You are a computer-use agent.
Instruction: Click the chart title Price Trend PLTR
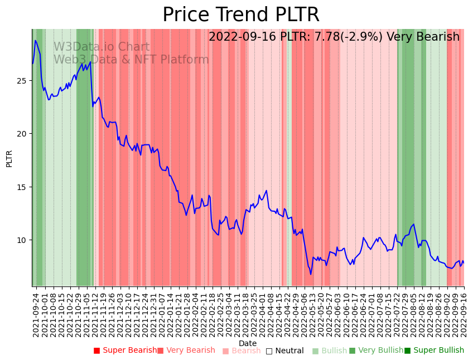(x=241, y=15)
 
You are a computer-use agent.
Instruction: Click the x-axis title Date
(x=248, y=343)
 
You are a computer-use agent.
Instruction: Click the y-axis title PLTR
(x=9, y=158)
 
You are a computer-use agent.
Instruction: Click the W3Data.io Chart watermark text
(x=102, y=47)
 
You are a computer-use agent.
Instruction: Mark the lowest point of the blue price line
(x=311, y=274)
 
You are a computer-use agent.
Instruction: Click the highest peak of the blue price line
(x=35, y=40)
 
